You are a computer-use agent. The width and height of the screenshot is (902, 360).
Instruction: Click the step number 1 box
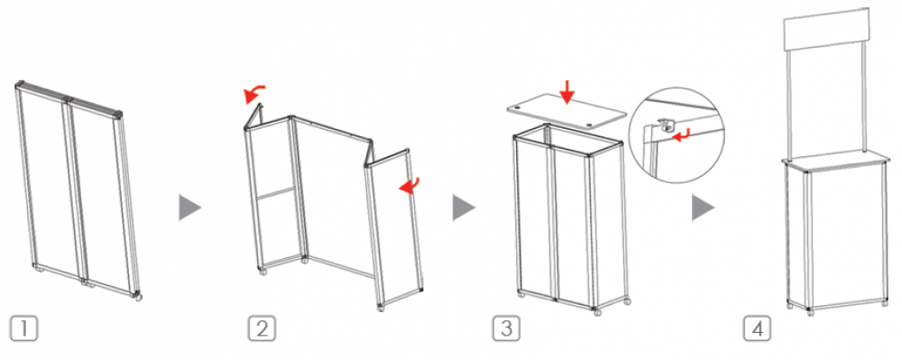click(x=23, y=328)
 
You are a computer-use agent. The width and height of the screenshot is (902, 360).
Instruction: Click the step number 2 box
click(x=262, y=328)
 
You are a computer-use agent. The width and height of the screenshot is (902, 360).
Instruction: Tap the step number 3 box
click(x=506, y=328)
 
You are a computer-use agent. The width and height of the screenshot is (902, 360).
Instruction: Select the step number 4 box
click(x=757, y=328)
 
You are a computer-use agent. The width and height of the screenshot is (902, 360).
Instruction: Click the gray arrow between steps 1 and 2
click(x=189, y=208)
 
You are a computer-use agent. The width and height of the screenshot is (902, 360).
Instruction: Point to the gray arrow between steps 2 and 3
click(x=463, y=208)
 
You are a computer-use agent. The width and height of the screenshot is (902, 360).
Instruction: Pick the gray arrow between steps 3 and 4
click(x=703, y=208)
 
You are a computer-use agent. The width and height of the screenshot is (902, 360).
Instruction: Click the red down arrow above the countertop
click(x=567, y=92)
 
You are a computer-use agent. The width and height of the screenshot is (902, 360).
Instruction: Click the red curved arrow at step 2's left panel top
click(x=253, y=92)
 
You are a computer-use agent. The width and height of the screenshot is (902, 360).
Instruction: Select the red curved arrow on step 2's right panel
click(x=410, y=185)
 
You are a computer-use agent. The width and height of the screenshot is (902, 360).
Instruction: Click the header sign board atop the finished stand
click(x=826, y=30)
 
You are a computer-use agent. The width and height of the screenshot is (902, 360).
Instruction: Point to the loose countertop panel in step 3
click(x=566, y=115)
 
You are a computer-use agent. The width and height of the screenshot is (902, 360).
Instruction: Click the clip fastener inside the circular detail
click(x=665, y=126)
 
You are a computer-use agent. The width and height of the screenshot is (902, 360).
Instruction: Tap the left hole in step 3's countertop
click(x=518, y=107)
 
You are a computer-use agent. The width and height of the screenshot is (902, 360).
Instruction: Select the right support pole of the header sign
click(x=863, y=97)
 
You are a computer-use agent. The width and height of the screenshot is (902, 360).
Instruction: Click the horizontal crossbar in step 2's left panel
click(x=276, y=193)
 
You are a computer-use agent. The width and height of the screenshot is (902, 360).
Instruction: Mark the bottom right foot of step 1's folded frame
click(x=138, y=298)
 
